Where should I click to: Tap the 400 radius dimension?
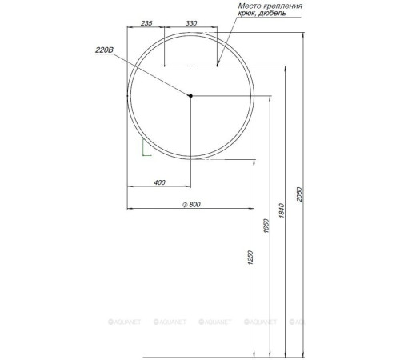[x=159, y=183]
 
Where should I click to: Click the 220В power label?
[x=104, y=50]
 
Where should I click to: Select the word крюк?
[x=250, y=15]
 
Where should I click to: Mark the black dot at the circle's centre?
[x=191, y=97]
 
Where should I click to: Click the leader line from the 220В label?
[x=152, y=75]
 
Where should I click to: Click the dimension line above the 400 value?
[x=159, y=190]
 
